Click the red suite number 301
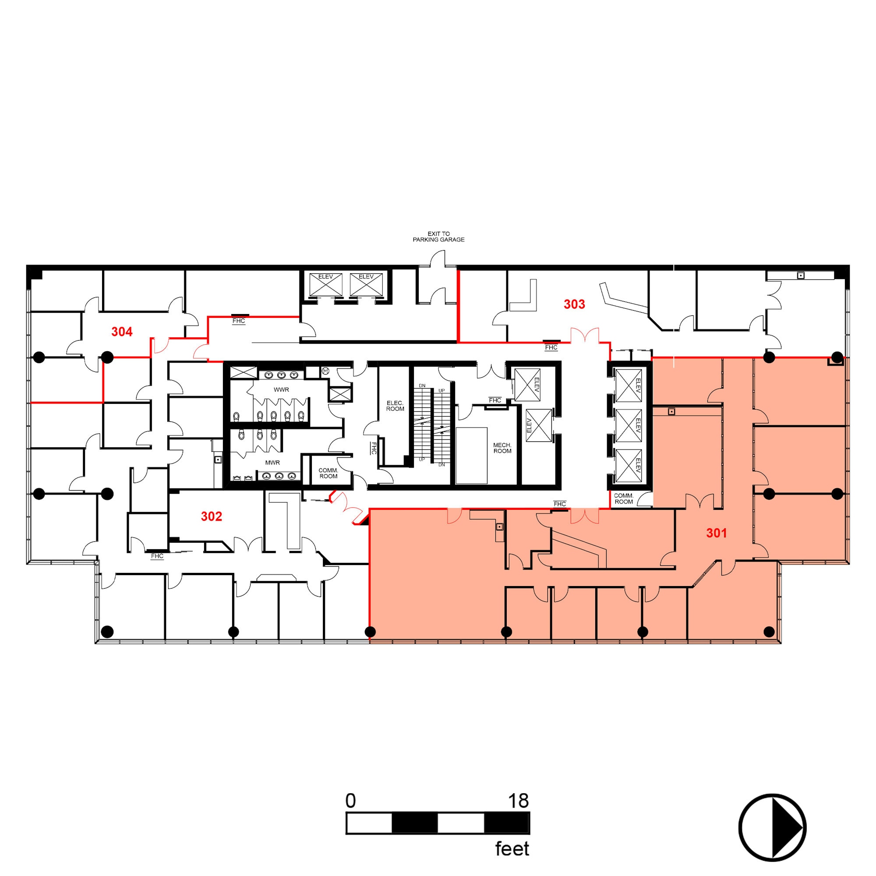[x=717, y=533]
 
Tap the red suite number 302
[x=211, y=516]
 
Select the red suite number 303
[x=574, y=304]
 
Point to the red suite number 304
[x=122, y=332]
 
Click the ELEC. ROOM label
[x=395, y=406]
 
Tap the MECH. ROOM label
[x=502, y=448]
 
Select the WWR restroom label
[x=281, y=389]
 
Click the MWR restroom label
[x=272, y=463]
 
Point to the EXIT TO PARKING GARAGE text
[x=438, y=237]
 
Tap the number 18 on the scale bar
[x=518, y=801]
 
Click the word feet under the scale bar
[x=512, y=849]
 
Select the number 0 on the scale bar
[x=350, y=801]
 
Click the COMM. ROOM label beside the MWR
[x=328, y=473]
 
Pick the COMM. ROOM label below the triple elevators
[x=623, y=499]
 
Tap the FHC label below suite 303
[x=551, y=348]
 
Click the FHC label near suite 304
[x=239, y=321]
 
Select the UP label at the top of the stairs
[x=442, y=391]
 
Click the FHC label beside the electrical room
[x=374, y=449]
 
